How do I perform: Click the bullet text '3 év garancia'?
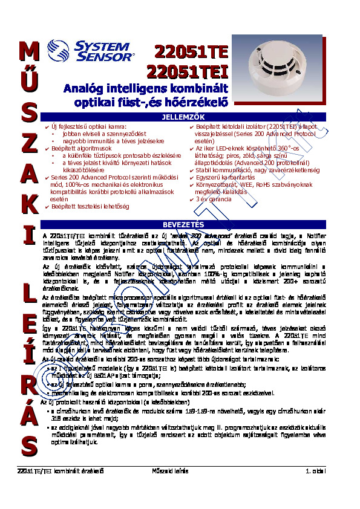coord(214,199)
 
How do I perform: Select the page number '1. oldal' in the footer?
coord(315,470)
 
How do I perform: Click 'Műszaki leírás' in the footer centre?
coord(170,470)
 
